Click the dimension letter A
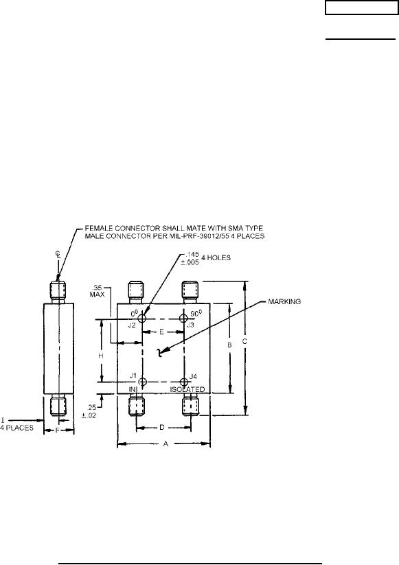point(166,443)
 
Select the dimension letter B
point(229,345)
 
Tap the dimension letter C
point(244,341)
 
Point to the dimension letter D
point(162,427)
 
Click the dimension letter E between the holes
point(162,332)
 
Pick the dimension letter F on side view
point(58,430)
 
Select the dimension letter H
point(101,356)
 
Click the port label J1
point(133,376)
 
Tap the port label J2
point(132,325)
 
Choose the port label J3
point(190,325)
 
